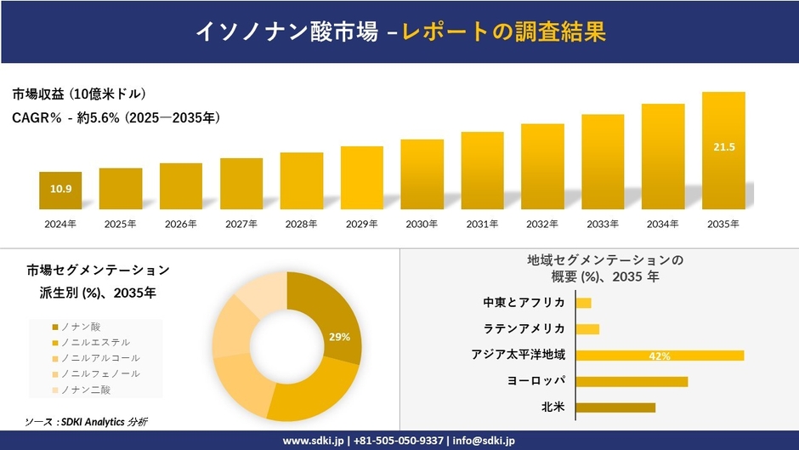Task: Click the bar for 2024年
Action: click(x=60, y=191)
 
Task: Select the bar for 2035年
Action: click(x=723, y=151)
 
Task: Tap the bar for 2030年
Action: click(x=422, y=174)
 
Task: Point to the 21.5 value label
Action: click(x=723, y=147)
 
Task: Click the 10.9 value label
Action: click(x=60, y=189)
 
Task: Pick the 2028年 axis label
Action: click(x=301, y=224)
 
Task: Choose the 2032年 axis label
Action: click(x=542, y=224)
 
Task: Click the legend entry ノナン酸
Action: click(x=82, y=326)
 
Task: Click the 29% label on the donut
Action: click(x=339, y=337)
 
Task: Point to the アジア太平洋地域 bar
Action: click(x=660, y=356)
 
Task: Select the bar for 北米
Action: click(x=615, y=407)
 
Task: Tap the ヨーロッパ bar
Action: click(x=632, y=381)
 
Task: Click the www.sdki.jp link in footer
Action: click(x=313, y=441)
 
